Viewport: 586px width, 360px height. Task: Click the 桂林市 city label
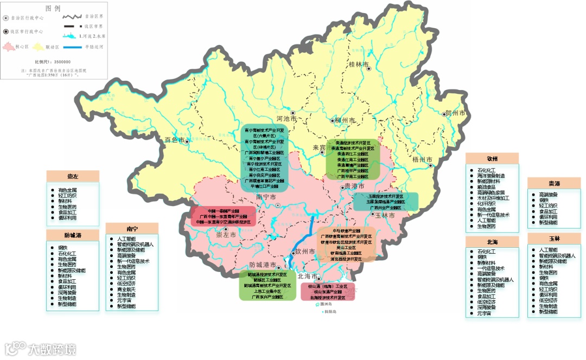pos(359,65)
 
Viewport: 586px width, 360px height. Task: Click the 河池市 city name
pos(287,118)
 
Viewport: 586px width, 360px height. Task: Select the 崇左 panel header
pos(73,176)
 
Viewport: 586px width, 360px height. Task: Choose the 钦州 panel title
pos(492,158)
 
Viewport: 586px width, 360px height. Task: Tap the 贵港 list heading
pos(553,183)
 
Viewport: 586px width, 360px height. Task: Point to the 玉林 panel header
pos(553,239)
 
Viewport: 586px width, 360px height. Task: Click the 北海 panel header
pos(492,241)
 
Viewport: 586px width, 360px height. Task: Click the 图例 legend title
pos(53,9)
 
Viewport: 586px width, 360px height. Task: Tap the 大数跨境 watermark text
pos(52,349)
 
